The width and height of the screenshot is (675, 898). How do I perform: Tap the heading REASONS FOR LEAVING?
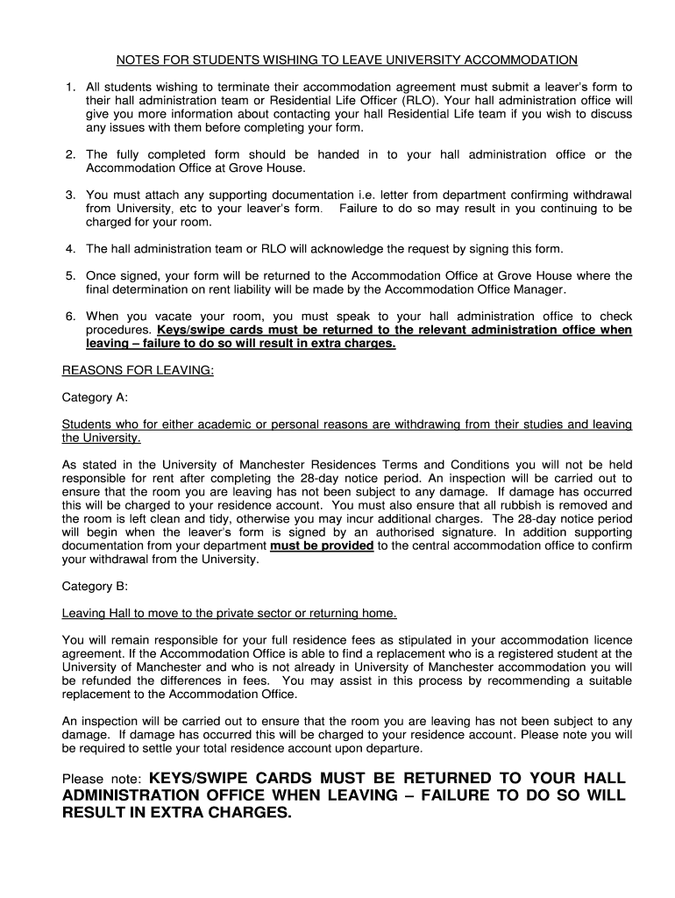point(138,370)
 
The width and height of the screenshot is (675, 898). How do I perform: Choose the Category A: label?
point(95,397)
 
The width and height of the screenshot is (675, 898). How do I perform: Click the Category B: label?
point(95,586)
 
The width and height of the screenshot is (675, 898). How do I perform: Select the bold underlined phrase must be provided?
point(322,545)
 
